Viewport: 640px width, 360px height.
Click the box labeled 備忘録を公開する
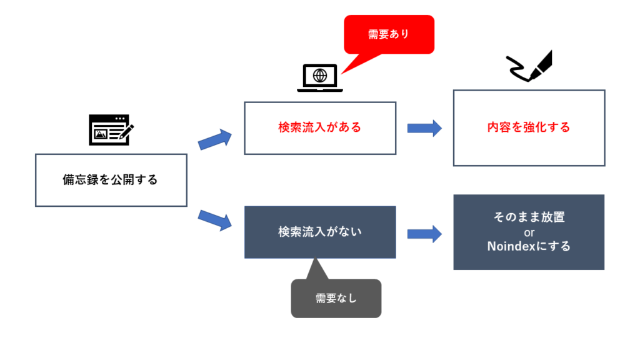(x=111, y=180)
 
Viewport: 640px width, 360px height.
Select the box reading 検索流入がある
(x=319, y=127)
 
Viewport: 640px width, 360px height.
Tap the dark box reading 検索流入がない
(x=319, y=232)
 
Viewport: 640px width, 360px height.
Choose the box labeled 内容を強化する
(x=529, y=127)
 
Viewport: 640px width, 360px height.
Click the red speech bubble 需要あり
(x=388, y=34)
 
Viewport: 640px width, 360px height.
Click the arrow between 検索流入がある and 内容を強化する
(x=424, y=128)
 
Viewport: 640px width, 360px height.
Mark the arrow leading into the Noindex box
(x=424, y=234)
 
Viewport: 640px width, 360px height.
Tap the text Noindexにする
(x=529, y=246)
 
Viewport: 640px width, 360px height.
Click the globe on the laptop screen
(x=320, y=76)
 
